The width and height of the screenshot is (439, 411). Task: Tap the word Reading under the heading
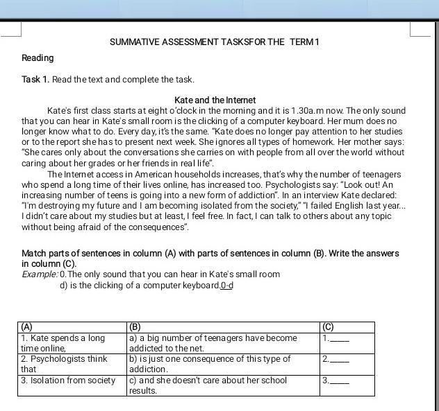pyautogui.click(x=38, y=58)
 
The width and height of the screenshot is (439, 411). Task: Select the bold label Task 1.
pyautogui.click(x=35, y=80)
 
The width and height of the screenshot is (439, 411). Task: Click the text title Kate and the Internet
pyautogui.click(x=215, y=100)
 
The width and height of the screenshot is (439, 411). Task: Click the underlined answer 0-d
pyautogui.click(x=226, y=286)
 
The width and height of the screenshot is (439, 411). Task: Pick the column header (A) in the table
pyautogui.click(x=26, y=326)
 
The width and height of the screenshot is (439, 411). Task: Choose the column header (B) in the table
pyautogui.click(x=135, y=326)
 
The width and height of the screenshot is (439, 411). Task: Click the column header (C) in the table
pyautogui.click(x=328, y=326)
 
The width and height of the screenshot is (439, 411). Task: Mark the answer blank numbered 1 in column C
pyautogui.click(x=340, y=339)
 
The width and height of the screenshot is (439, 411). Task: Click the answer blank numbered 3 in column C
pyautogui.click(x=340, y=381)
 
